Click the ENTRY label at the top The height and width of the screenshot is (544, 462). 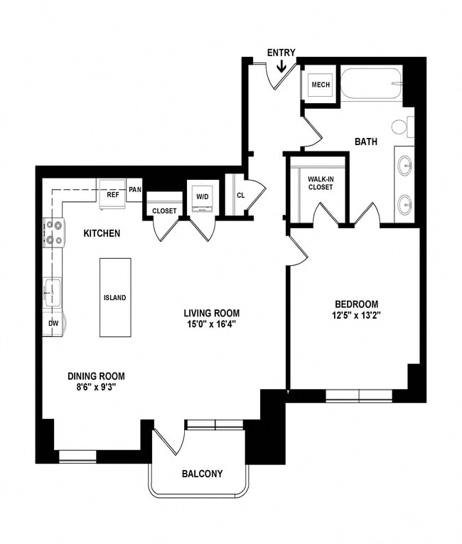(281, 53)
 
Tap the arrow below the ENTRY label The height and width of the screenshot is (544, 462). (281, 67)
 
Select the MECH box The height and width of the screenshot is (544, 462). (321, 86)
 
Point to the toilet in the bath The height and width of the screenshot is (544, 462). (401, 127)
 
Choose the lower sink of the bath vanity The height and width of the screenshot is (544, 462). (405, 206)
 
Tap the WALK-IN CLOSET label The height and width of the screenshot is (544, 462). (320, 183)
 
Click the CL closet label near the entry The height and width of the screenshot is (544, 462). (241, 194)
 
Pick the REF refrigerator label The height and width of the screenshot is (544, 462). (112, 193)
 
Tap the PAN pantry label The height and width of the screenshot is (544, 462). (135, 190)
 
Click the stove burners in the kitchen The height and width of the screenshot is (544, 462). (54, 233)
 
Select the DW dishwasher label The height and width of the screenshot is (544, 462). (53, 324)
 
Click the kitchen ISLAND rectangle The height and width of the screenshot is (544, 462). (115, 297)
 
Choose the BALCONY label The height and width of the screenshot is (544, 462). (202, 474)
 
